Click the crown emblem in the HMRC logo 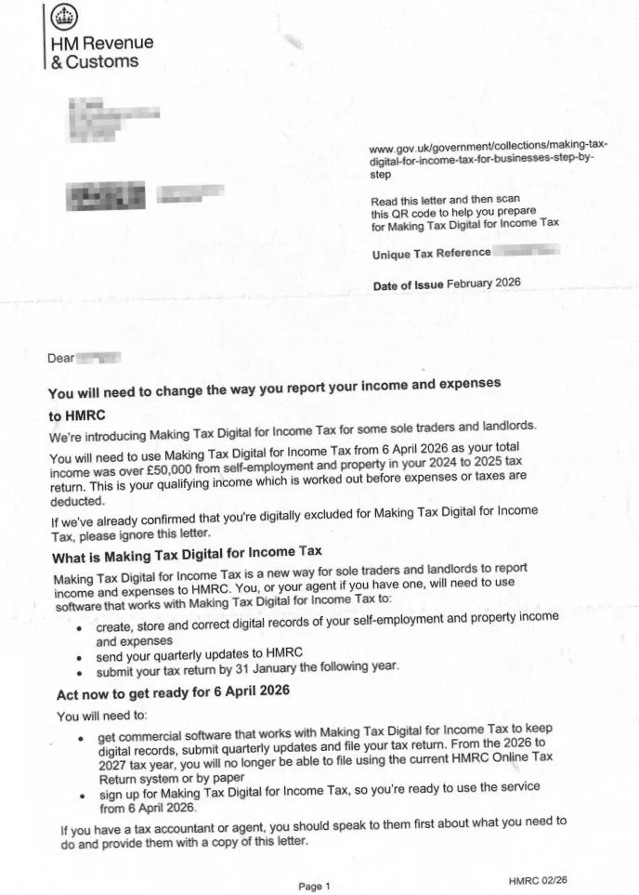pos(63,16)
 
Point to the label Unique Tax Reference pos(431,253)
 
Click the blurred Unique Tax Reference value pos(527,251)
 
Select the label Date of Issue pos(408,285)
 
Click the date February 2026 pos(484,283)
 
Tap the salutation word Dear pos(60,357)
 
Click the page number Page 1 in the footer pos(314,886)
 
